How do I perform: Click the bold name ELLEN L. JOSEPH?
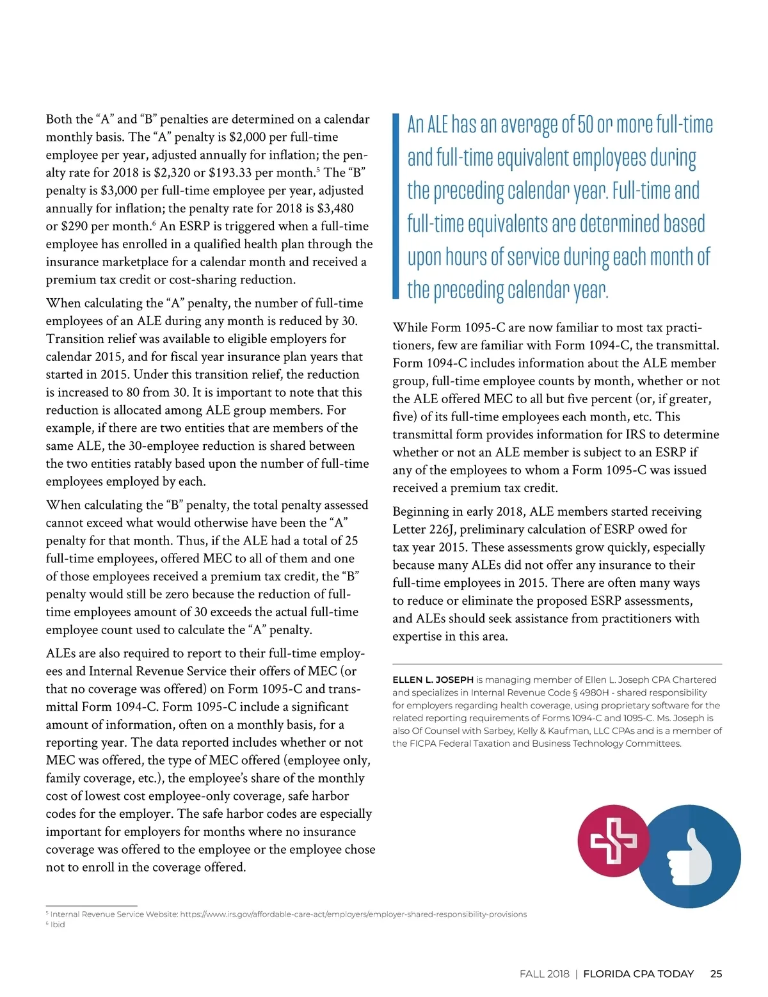pyautogui.click(x=433, y=680)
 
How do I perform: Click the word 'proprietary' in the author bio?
pyautogui.click(x=620, y=705)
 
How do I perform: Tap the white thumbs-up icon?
pyautogui.click(x=689, y=857)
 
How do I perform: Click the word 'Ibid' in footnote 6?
pyautogui.click(x=58, y=925)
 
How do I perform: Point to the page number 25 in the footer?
pyautogui.click(x=716, y=974)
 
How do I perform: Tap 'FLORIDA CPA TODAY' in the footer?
pyautogui.click(x=638, y=974)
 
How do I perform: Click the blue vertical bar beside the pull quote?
pyautogui.click(x=396, y=207)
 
